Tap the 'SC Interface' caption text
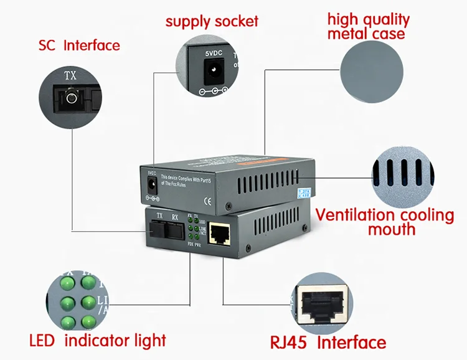79,45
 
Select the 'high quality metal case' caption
369,26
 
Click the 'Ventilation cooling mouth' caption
385,222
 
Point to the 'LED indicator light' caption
98,340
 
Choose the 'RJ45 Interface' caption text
328,342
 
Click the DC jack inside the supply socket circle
214,75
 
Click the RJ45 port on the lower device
219,235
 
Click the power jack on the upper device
151,184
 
